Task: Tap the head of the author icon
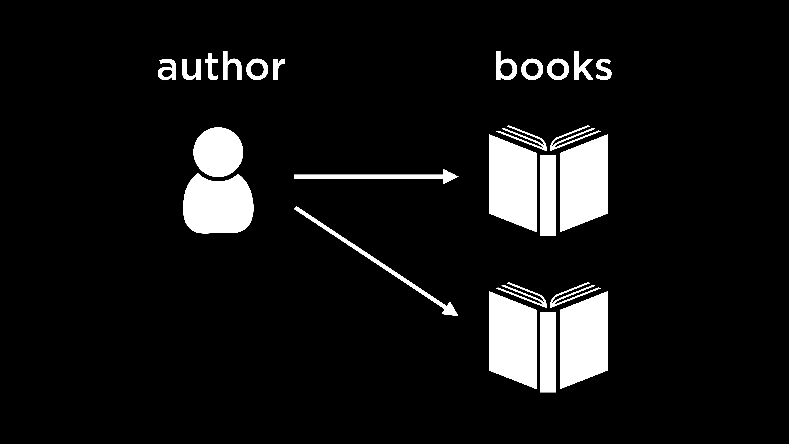218,152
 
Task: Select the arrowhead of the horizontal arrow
450,177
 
